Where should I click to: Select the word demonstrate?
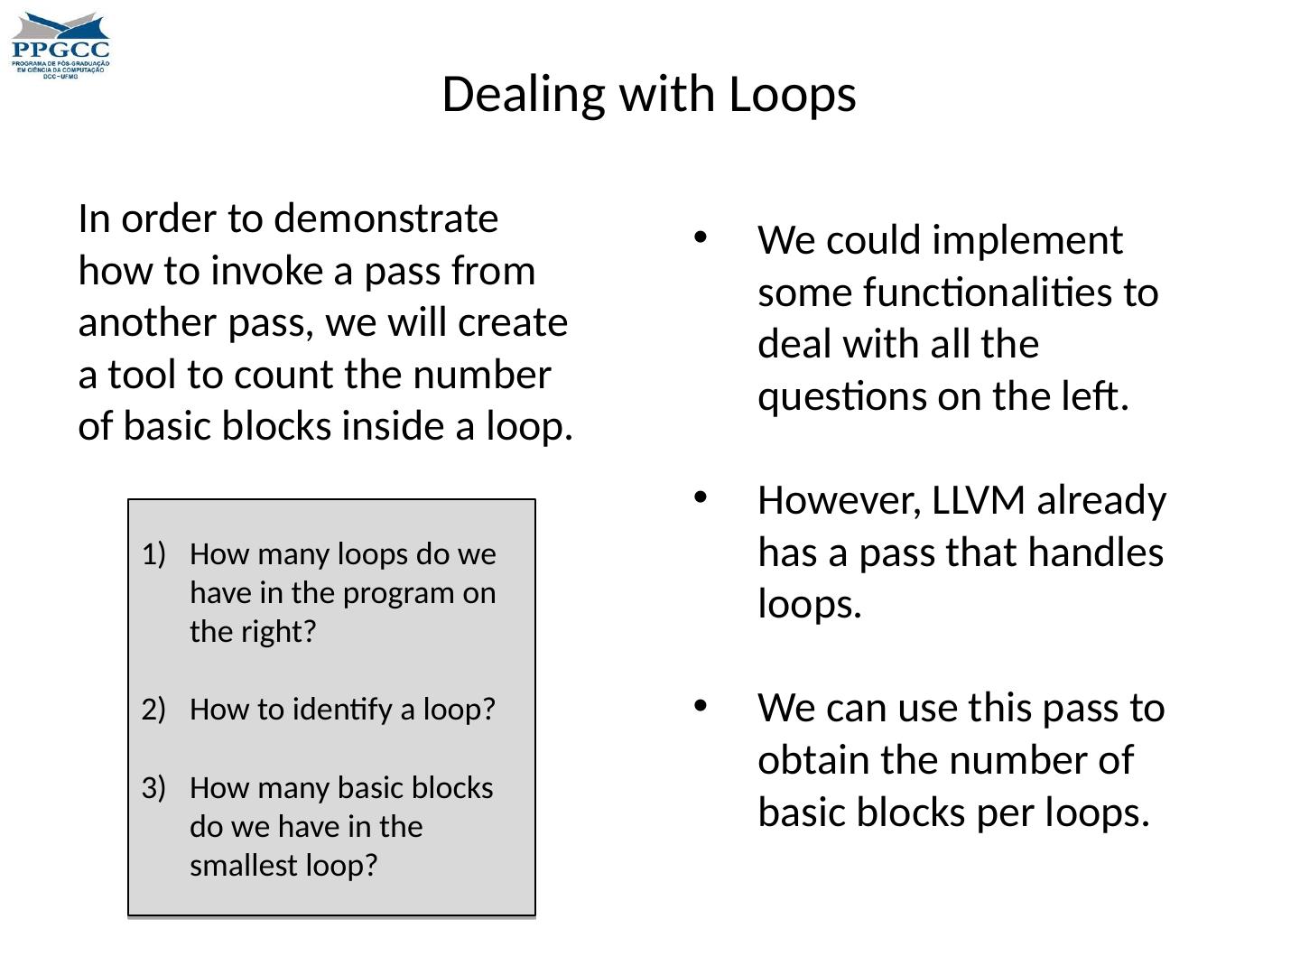[385, 219]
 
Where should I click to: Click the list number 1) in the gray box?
[154, 553]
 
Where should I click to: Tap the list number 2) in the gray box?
[154, 710]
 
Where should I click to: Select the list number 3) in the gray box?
[154, 788]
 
